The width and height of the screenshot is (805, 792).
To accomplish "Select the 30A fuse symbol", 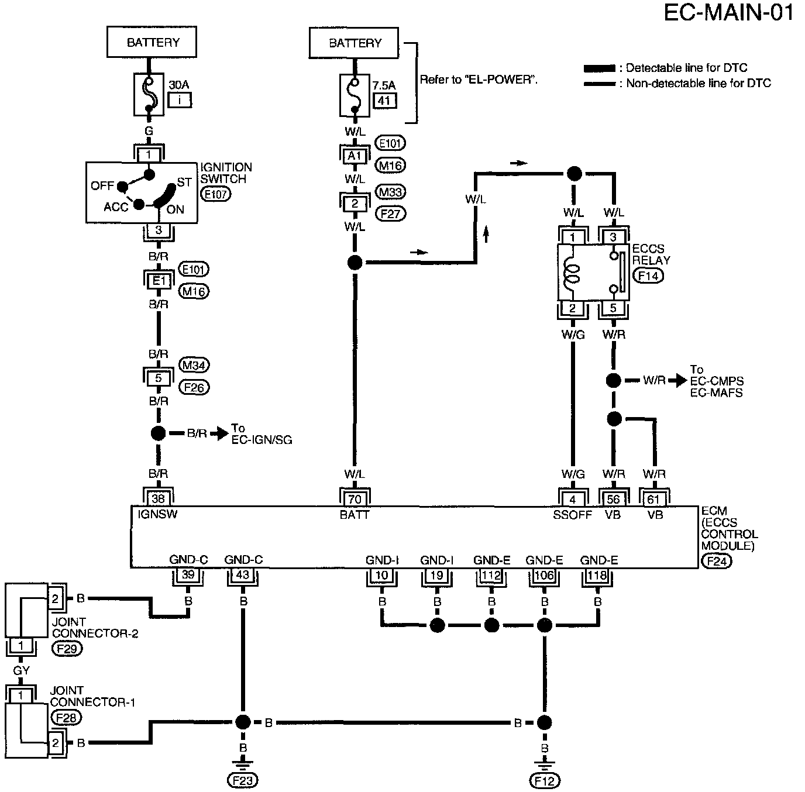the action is click(149, 94).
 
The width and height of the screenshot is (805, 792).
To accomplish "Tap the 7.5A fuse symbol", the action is click(355, 96).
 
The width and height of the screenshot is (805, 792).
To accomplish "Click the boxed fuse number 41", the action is click(384, 101).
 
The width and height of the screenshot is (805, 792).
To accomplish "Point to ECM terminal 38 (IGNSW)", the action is click(158, 498).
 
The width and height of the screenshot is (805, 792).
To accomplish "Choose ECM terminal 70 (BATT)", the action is click(355, 499).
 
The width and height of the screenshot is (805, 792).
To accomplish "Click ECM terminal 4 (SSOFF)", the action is click(573, 499).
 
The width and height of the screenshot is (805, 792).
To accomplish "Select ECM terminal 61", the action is click(653, 499).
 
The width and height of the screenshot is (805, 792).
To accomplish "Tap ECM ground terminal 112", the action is click(491, 576).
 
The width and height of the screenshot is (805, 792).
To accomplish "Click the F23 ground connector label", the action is click(243, 780).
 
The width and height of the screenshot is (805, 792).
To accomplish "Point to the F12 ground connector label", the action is click(544, 780).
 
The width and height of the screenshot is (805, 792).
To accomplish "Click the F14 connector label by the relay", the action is click(648, 276).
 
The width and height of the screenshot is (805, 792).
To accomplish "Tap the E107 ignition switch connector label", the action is click(215, 194).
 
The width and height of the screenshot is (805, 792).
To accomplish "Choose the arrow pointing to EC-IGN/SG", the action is click(219, 433).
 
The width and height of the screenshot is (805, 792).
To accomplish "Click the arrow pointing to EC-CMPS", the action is click(677, 381).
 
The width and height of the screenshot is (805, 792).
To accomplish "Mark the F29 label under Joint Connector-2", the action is click(67, 648).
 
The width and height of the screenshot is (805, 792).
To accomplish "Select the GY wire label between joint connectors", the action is click(21, 670).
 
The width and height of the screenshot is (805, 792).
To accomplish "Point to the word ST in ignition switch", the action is click(184, 182).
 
